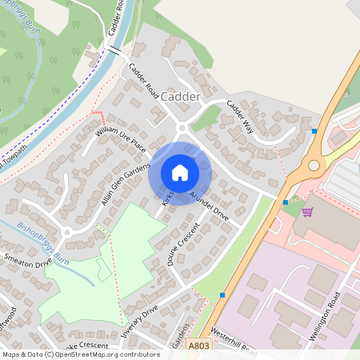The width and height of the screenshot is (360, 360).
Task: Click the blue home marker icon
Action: [x=180, y=173]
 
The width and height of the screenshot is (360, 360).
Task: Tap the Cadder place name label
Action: [x=180, y=96]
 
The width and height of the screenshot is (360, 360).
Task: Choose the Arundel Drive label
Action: [x=209, y=206]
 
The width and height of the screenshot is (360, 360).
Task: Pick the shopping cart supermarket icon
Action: [x=308, y=212]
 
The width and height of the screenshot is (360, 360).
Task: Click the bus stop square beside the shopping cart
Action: [x=286, y=202]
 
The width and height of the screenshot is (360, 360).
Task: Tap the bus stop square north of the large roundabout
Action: [x=314, y=130]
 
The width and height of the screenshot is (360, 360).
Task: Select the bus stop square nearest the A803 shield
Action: [x=222, y=295]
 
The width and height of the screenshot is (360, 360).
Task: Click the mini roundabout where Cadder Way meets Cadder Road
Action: [x=182, y=127]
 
